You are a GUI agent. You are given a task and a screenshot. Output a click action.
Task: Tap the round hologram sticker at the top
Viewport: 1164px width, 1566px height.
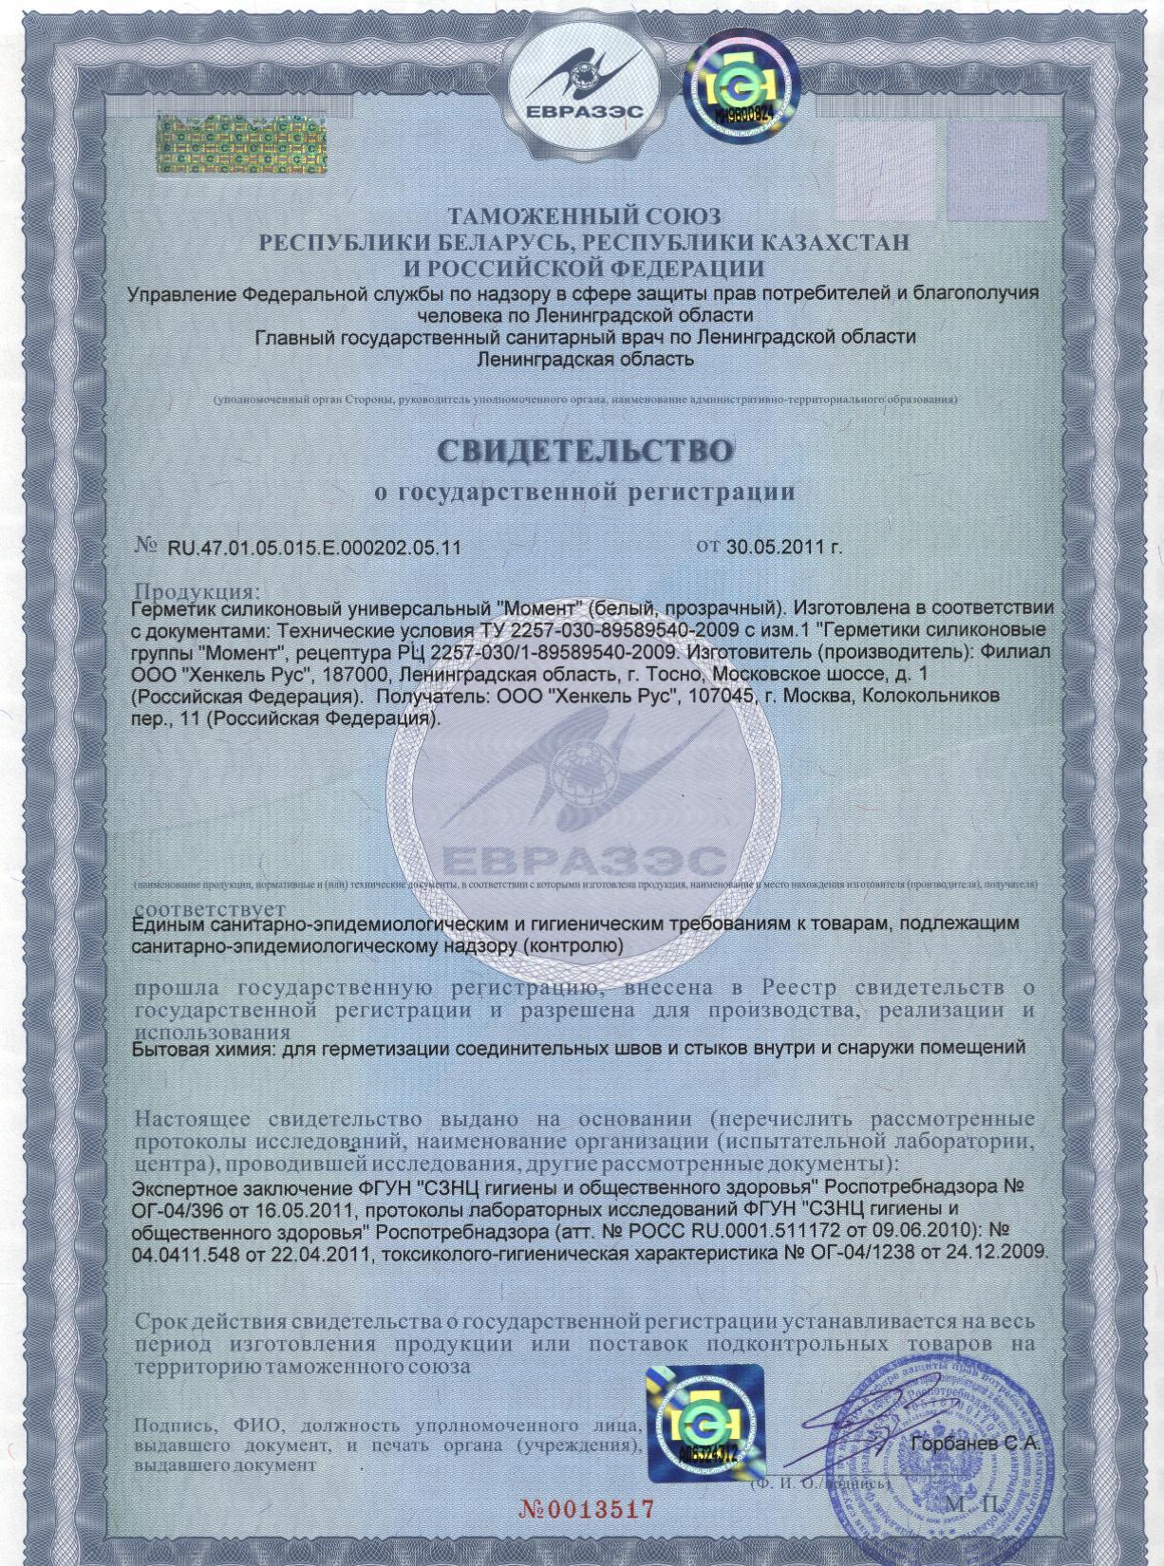coord(738,91)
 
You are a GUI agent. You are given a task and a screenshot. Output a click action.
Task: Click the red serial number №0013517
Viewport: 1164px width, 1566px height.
coord(587,1508)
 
